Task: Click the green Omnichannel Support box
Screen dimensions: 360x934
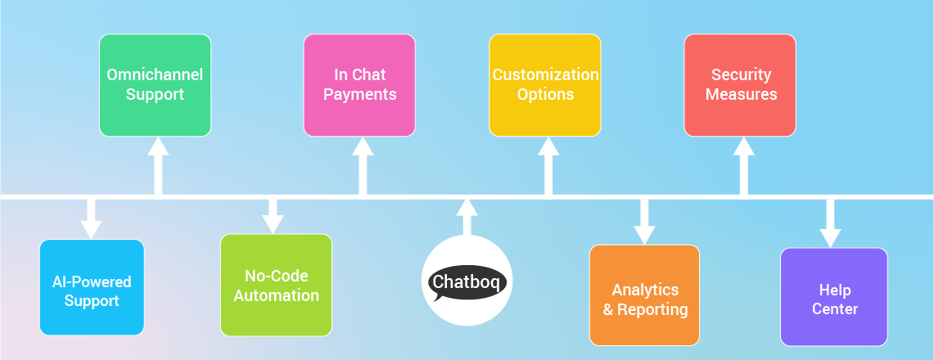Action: (x=155, y=84)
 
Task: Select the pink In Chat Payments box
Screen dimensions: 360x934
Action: (x=359, y=84)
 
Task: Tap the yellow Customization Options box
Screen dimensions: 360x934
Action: (x=545, y=84)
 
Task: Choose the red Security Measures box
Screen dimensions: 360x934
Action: (x=740, y=84)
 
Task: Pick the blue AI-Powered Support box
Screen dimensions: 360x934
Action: (x=92, y=287)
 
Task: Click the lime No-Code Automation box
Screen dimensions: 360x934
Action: (x=276, y=285)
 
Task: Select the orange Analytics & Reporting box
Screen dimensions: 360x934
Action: (x=645, y=295)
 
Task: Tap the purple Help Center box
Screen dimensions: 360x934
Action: (x=834, y=297)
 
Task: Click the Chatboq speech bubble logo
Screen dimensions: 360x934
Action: (x=467, y=282)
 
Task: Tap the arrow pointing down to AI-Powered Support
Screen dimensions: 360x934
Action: (x=92, y=218)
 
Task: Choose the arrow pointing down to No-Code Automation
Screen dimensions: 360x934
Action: (x=273, y=214)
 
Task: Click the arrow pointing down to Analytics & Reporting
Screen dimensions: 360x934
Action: (x=645, y=221)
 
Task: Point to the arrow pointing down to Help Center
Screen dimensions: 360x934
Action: (x=831, y=223)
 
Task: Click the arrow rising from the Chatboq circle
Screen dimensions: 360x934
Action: (x=467, y=216)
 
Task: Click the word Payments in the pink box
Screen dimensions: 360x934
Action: (x=359, y=94)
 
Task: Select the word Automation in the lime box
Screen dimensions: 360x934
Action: (x=276, y=295)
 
